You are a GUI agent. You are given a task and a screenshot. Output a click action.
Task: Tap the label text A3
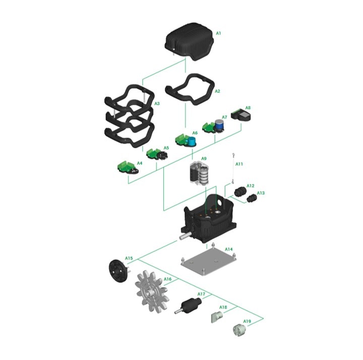pyautogui.click(x=157, y=103)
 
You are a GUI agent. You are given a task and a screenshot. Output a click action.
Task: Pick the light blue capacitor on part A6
pyautogui.click(x=192, y=141)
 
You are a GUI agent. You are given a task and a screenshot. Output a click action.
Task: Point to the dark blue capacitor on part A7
pyautogui.click(x=219, y=125)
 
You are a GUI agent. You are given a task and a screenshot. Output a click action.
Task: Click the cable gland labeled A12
pyautogui.click(x=240, y=192)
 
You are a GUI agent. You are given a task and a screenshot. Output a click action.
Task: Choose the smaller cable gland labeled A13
pyautogui.click(x=252, y=199)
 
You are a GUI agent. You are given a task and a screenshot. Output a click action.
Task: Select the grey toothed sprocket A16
pyautogui.click(x=152, y=292)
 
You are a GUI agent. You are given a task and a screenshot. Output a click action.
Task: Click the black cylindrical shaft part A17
pyautogui.click(x=189, y=306)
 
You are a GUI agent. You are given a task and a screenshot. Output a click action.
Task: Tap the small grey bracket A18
pyautogui.click(x=217, y=317)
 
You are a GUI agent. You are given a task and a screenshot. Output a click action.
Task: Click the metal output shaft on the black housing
pyautogui.click(x=185, y=237)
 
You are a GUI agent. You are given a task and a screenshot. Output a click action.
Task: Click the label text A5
pyautogui.click(x=166, y=148)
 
